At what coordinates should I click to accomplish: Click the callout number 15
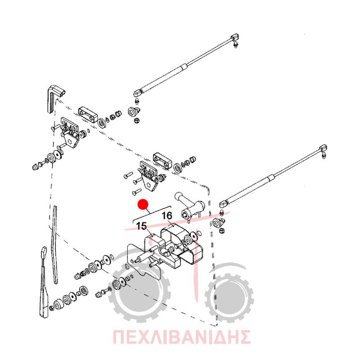(142, 226)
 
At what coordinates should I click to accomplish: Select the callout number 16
(167, 216)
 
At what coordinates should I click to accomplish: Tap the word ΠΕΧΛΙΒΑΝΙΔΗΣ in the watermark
(182, 337)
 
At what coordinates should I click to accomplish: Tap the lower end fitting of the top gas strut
(138, 93)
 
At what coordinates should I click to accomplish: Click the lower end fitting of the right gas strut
(224, 204)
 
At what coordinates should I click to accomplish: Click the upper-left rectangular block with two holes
(88, 115)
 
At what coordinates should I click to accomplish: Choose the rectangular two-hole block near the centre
(162, 160)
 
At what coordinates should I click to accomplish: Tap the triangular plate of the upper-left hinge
(72, 140)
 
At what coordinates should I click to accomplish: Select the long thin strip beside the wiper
(54, 244)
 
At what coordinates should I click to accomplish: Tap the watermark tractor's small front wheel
(229, 298)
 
